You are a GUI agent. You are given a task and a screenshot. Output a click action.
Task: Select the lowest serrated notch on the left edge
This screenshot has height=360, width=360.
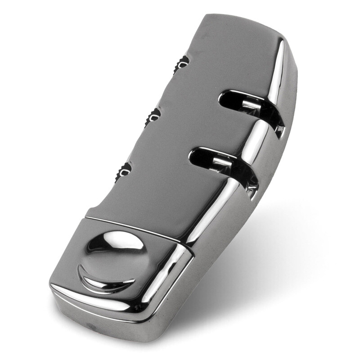click(124, 171)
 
